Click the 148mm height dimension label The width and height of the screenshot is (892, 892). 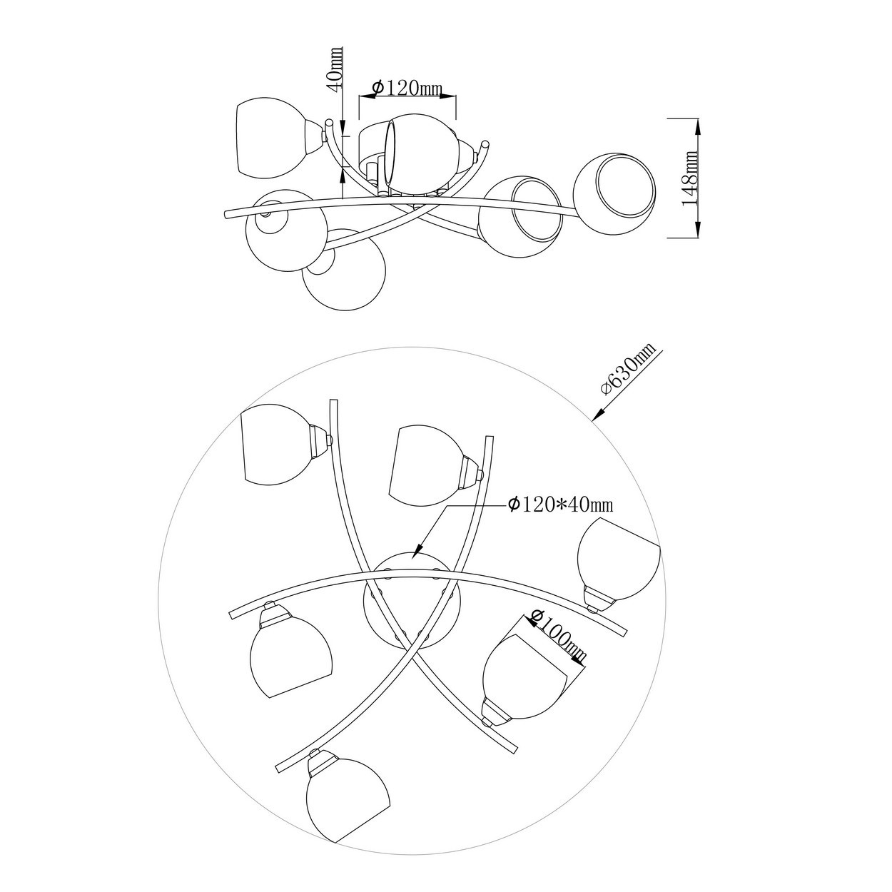click(x=690, y=178)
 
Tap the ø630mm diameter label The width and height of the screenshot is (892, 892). click(x=629, y=368)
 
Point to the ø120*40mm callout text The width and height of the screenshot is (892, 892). click(x=560, y=504)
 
